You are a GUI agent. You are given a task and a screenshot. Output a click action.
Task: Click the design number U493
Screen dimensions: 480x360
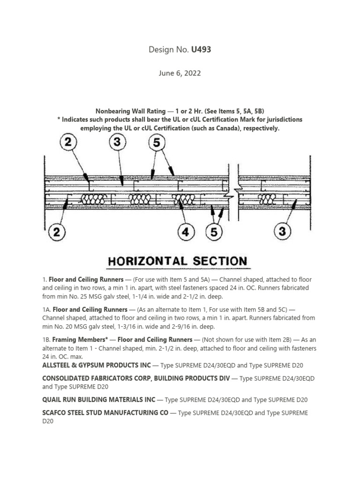(201, 49)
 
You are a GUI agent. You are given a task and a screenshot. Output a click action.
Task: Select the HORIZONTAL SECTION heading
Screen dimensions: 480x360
(178, 261)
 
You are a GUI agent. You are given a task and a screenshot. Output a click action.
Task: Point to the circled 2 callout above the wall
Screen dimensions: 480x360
(68, 142)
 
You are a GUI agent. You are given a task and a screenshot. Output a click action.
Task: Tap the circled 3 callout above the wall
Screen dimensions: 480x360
(117, 142)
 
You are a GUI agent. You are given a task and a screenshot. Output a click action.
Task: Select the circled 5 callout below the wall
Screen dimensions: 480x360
(214, 232)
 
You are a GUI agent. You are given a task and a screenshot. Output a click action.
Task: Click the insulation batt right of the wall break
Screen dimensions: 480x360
(267, 199)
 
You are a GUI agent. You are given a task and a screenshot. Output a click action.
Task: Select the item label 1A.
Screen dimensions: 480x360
(46, 309)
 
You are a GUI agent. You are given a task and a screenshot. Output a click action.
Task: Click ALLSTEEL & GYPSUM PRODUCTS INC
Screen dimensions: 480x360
(97, 365)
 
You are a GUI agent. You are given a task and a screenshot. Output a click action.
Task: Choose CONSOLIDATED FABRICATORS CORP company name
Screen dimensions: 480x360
(136, 378)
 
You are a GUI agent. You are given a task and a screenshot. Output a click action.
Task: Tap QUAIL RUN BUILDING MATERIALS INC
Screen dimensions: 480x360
(98, 400)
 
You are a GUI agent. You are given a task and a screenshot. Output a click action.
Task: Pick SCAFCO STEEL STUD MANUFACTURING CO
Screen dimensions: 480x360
(105, 413)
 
